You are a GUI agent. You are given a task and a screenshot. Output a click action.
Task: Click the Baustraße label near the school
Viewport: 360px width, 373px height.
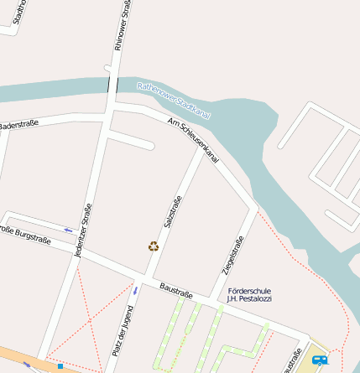click(x=176, y=294)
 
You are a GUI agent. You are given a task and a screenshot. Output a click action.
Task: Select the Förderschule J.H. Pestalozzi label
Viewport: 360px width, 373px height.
click(x=249, y=294)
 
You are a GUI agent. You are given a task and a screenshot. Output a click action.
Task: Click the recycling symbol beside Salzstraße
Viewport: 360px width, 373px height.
click(x=154, y=246)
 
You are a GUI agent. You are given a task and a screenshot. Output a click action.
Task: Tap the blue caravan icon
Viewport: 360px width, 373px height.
click(x=319, y=360)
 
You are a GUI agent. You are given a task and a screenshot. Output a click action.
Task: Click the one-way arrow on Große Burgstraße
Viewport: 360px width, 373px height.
click(x=68, y=229)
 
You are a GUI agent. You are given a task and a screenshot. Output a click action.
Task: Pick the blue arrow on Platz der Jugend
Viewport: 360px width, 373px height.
click(x=134, y=290)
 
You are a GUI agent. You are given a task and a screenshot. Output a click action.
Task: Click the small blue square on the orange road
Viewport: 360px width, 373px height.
click(x=60, y=366)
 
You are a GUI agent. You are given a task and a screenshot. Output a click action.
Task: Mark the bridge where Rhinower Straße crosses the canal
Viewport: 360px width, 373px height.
click(x=110, y=85)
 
